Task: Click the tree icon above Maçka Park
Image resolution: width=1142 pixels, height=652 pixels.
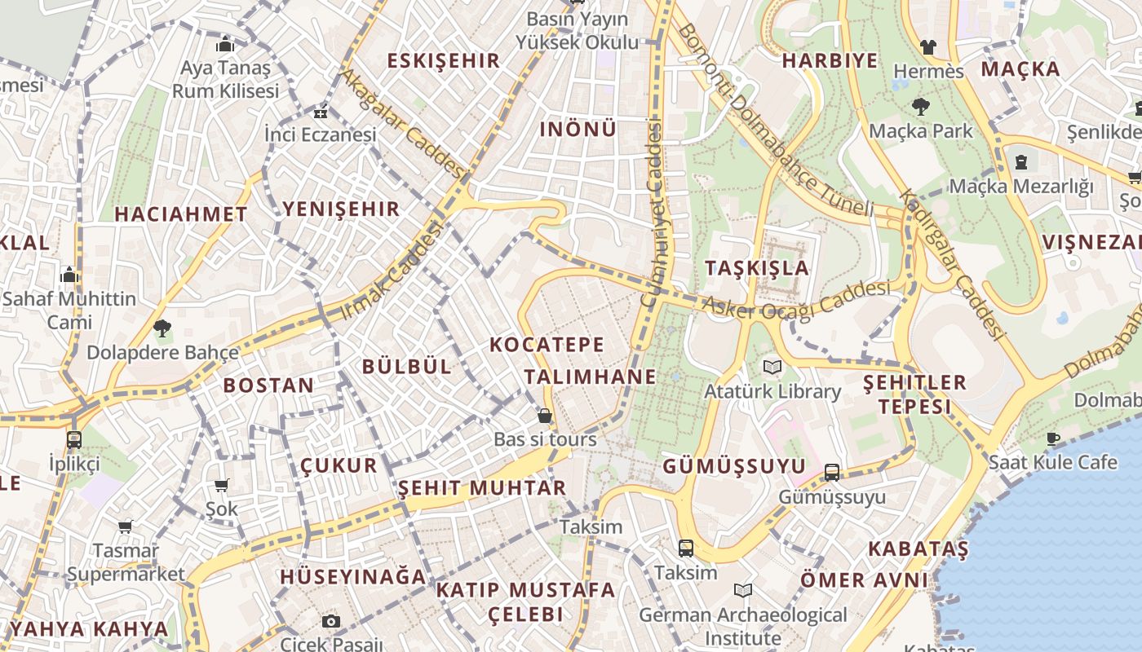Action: (x=921, y=106)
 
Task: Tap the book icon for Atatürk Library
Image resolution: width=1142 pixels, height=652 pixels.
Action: (x=772, y=367)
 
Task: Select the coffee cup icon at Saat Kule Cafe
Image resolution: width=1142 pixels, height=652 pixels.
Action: (x=1053, y=438)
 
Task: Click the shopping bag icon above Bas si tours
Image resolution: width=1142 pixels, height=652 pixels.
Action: (x=545, y=416)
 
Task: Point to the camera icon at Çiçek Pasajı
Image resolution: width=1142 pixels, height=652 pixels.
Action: (x=330, y=621)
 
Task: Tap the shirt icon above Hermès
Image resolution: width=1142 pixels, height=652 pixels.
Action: (x=927, y=46)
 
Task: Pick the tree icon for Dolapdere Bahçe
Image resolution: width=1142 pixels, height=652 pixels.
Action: (x=162, y=328)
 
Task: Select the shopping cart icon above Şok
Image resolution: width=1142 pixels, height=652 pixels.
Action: (x=221, y=486)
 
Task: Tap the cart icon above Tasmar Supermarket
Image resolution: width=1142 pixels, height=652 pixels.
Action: (x=125, y=526)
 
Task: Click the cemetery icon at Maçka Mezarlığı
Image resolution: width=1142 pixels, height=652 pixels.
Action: (x=1021, y=162)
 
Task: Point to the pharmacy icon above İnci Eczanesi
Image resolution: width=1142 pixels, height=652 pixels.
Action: (x=320, y=112)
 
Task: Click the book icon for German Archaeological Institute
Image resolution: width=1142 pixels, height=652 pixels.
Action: (x=742, y=590)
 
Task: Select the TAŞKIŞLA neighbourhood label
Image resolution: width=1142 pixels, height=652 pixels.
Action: (x=757, y=268)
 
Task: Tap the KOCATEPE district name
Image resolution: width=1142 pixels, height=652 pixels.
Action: (x=547, y=345)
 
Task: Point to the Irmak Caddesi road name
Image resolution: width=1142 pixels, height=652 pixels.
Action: (x=391, y=271)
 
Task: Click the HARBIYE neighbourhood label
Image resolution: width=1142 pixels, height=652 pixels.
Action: (x=830, y=61)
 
